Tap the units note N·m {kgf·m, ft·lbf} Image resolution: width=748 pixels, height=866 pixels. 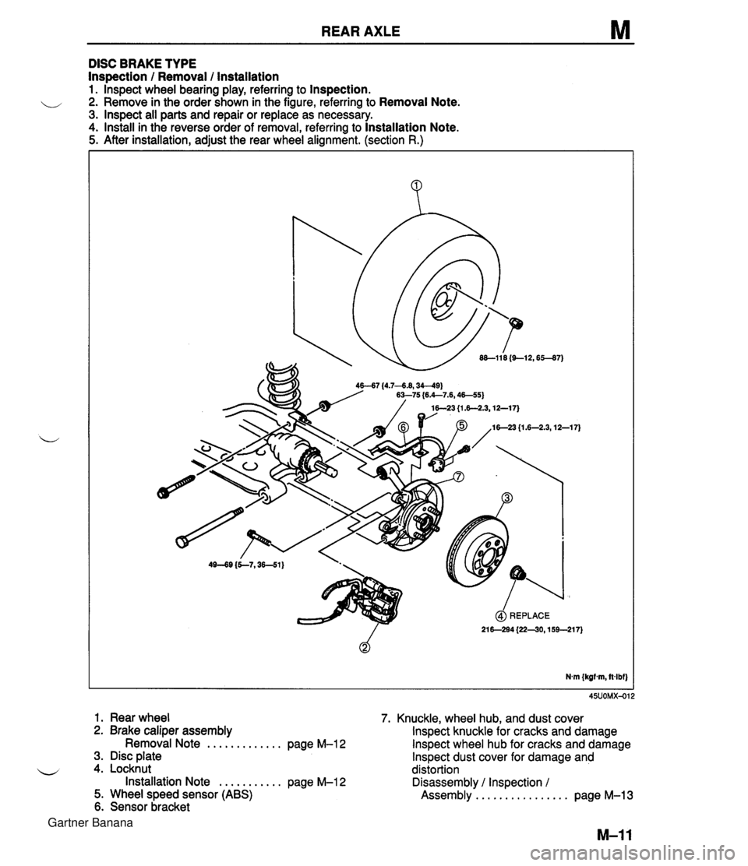(592, 675)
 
